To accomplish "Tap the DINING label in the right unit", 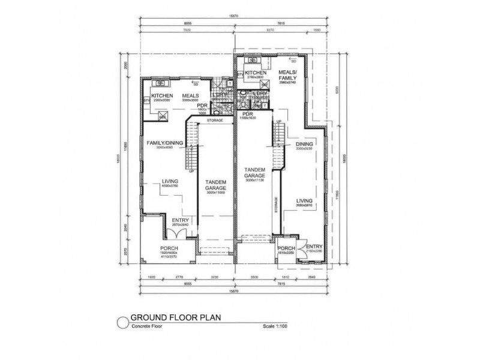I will coord(305,144).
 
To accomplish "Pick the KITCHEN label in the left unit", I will coord(162,95).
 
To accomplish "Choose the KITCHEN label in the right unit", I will coord(256,73).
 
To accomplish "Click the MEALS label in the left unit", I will coord(191,95).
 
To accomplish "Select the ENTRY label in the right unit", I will coord(314,246).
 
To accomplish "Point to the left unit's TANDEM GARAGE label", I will coord(215,184).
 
